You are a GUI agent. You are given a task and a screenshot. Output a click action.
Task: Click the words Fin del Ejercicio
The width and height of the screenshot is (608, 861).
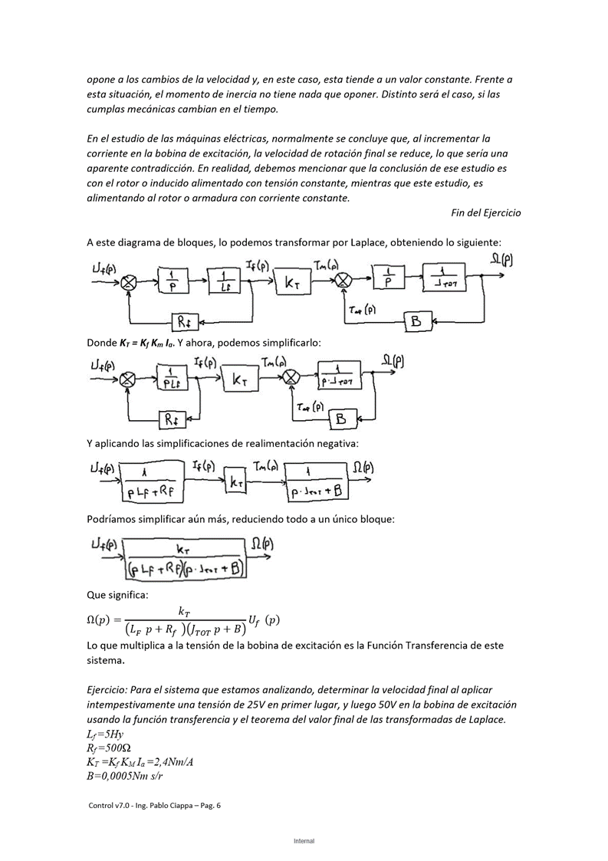485,212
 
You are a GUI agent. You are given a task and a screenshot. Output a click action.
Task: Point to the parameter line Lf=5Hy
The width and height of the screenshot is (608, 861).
106,734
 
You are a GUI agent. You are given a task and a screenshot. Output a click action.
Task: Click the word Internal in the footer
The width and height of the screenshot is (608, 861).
304,841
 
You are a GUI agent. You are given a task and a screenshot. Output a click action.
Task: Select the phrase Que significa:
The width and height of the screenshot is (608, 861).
117,594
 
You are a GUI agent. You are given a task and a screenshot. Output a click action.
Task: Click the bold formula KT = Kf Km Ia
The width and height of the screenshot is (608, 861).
146,343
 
